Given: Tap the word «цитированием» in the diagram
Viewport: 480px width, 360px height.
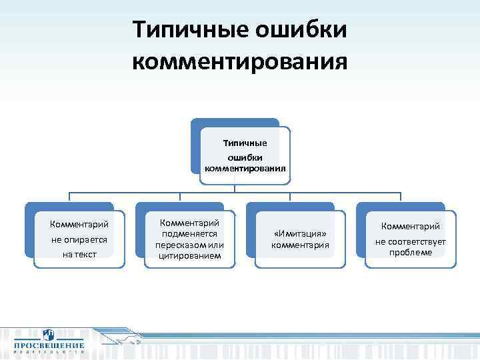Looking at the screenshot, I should pos(190,255).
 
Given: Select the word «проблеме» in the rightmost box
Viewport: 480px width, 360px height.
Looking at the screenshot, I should pos(411,252).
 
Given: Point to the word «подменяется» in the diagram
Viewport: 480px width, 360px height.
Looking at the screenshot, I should pos(190,234).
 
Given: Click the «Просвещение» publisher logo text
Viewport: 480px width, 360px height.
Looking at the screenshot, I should pos(47,345).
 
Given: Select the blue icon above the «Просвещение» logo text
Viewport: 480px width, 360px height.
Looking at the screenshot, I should pos(48,335).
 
